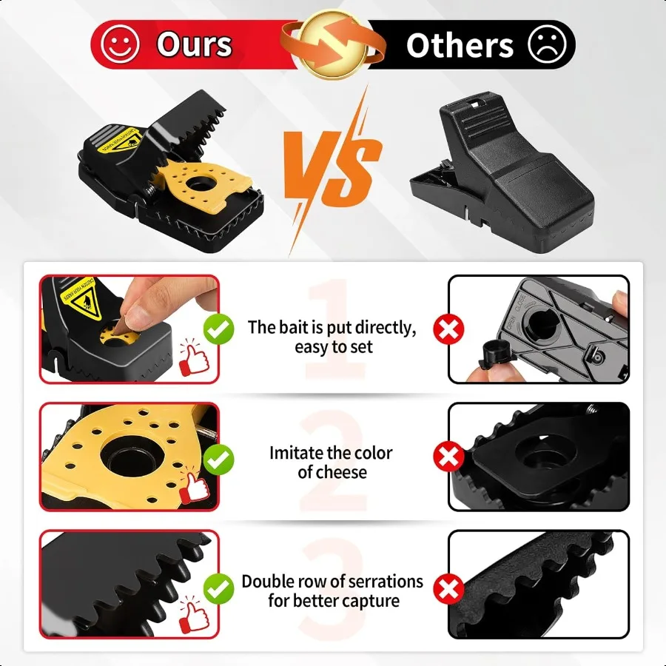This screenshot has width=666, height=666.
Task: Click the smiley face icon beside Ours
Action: click(120, 44)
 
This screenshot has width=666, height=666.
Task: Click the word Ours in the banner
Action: click(194, 44)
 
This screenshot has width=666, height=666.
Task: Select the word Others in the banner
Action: click(460, 45)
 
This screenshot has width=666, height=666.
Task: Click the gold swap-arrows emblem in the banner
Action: click(332, 42)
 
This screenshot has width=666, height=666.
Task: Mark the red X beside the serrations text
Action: click(448, 590)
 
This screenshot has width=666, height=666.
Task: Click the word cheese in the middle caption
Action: click(341, 472)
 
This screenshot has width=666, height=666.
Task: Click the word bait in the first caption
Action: click(292, 328)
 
